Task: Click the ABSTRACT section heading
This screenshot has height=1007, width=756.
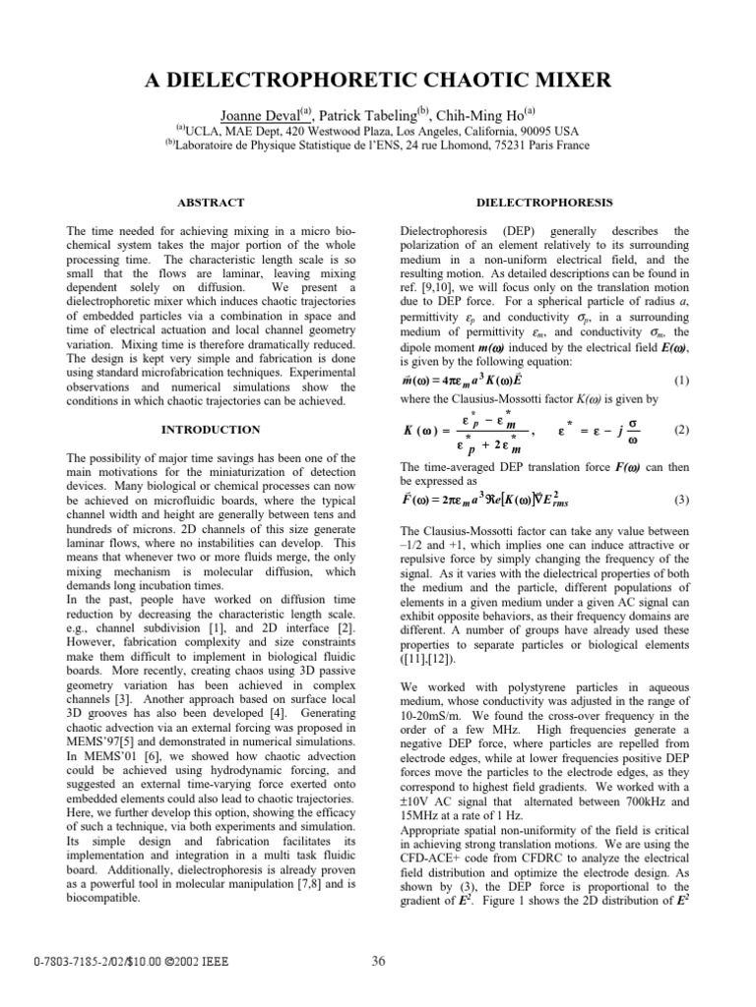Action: (x=210, y=202)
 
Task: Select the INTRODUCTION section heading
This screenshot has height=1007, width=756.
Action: (x=210, y=430)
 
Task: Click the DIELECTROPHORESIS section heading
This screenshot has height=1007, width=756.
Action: (x=543, y=202)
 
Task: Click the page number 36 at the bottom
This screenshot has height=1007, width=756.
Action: (x=378, y=961)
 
